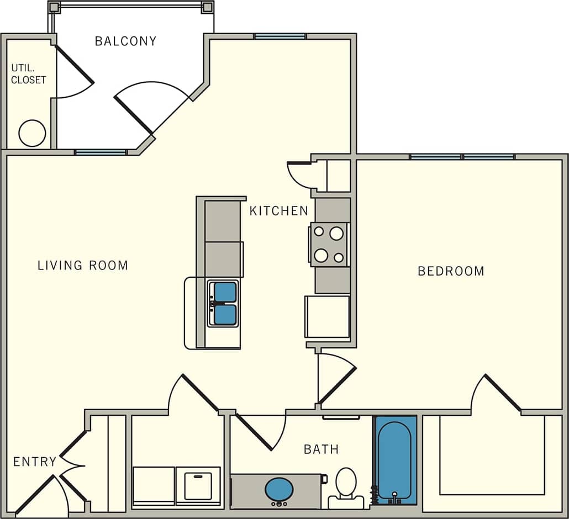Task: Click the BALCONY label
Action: (125, 41)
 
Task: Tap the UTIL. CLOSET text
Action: (28, 74)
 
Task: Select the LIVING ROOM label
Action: (83, 266)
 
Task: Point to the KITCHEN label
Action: (278, 210)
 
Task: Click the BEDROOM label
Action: (451, 271)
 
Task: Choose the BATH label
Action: (321, 449)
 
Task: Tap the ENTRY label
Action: (34, 462)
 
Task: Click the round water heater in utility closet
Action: (32, 133)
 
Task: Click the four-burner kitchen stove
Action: (329, 245)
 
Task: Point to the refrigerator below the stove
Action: (328, 316)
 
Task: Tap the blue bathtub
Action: (396, 459)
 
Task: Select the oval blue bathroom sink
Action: (279, 489)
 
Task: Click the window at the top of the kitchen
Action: (280, 36)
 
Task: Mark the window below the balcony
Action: (101, 152)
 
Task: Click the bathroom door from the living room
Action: (255, 432)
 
